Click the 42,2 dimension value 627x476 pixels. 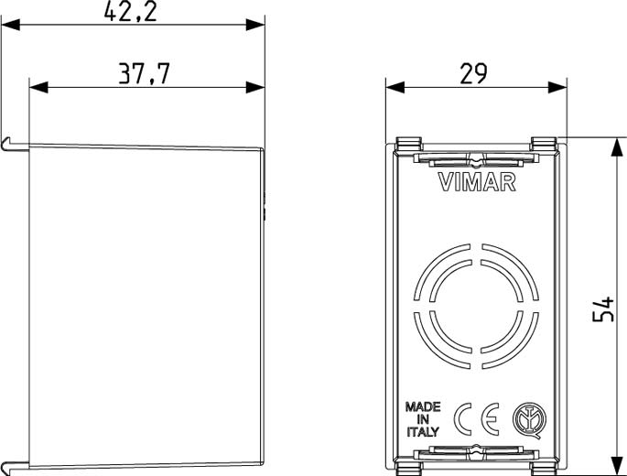click(x=130, y=11)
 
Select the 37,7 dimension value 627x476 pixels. click(x=145, y=73)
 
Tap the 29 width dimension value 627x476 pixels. click(x=473, y=73)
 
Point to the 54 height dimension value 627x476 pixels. click(x=602, y=308)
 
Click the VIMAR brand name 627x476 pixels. click(x=477, y=182)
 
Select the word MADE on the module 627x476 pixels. click(x=423, y=407)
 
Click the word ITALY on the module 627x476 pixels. click(x=423, y=431)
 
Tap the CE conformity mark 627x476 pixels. click(x=477, y=419)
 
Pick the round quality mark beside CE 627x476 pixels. click(x=529, y=419)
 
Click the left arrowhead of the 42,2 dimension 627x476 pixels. click(x=10, y=25)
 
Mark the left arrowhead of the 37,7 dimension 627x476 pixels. click(x=38, y=87)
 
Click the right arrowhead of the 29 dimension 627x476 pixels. click(x=557, y=87)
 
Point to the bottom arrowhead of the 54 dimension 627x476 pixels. click(x=618, y=467)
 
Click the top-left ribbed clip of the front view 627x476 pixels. click(x=409, y=143)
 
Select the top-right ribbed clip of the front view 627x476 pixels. click(x=544, y=143)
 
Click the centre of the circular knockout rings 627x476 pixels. click(x=476, y=306)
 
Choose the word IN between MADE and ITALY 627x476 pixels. click(x=423, y=419)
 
